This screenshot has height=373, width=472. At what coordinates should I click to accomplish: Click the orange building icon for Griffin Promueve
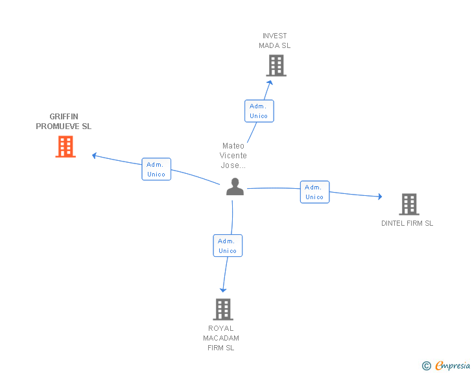[65, 147]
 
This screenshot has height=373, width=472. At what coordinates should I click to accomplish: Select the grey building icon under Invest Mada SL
[276, 66]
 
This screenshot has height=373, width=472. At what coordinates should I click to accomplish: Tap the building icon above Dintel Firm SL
[409, 204]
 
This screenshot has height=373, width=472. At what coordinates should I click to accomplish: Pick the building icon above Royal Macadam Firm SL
[223, 309]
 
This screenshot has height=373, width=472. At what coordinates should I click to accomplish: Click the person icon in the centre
[235, 187]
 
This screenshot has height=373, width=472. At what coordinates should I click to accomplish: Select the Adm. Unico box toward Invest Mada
[259, 111]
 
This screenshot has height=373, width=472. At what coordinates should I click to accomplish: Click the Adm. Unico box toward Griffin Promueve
[156, 169]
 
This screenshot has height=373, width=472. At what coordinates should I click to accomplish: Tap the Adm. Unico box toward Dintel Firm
[315, 192]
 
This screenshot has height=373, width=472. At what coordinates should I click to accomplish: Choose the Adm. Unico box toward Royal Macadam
[228, 246]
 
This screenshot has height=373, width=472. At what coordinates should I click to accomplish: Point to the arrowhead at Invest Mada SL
[270, 82]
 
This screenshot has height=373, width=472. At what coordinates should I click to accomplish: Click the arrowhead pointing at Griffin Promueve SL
[94, 156]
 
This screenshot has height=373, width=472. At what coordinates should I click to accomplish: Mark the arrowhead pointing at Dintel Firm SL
[380, 197]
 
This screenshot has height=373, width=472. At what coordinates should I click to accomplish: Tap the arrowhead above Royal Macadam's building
[223, 290]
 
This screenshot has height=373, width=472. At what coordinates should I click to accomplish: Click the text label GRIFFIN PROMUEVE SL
[64, 121]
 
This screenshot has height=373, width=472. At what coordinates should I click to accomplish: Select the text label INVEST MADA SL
[274, 41]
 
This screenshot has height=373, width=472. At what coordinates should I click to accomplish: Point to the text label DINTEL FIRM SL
[407, 223]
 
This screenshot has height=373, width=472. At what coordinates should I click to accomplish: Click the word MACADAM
[221, 338]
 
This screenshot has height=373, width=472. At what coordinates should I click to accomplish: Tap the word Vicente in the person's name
[233, 156]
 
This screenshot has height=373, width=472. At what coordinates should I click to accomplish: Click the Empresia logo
[453, 365]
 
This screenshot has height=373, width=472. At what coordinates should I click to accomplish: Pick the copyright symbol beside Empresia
[427, 366]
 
